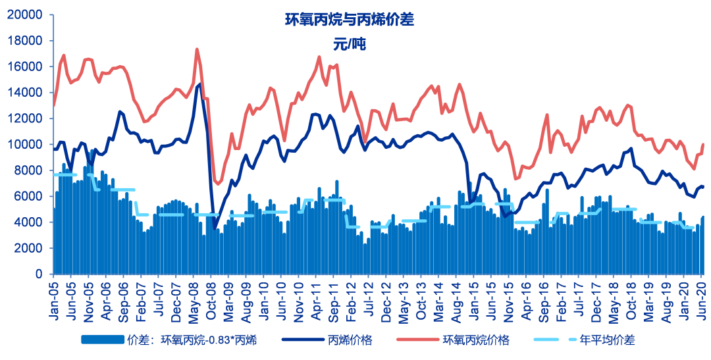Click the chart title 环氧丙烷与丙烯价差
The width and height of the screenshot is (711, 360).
coord(349,20)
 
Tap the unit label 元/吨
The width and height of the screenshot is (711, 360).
coord(349,45)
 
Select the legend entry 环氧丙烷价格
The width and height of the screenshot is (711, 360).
coord(475,340)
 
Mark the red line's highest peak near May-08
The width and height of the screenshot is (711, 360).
coord(197,49)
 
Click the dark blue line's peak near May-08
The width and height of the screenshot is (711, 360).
coord(199,84)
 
